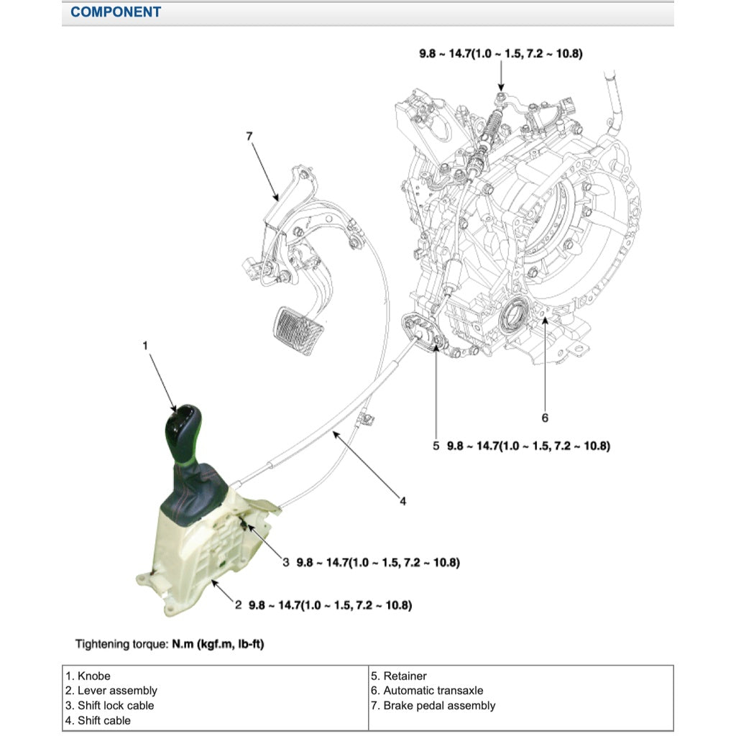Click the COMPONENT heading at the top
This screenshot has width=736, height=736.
[x=116, y=12]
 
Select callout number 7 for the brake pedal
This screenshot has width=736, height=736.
[x=249, y=136]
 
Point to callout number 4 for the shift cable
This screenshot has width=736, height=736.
[x=402, y=501]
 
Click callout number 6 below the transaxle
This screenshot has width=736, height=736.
[x=545, y=417]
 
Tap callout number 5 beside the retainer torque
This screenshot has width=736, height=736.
[x=436, y=446]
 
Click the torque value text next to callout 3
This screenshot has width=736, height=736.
[x=378, y=562]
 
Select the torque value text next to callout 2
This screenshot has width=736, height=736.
[x=330, y=605]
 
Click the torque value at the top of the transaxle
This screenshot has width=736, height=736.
[x=501, y=53]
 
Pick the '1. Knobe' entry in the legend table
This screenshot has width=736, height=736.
[x=88, y=676]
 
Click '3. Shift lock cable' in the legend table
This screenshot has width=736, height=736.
[x=110, y=705]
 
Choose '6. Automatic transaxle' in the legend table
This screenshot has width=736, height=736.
[x=427, y=691]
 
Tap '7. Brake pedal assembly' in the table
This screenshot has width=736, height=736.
[x=433, y=705]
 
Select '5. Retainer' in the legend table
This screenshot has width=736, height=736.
[x=399, y=676]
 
